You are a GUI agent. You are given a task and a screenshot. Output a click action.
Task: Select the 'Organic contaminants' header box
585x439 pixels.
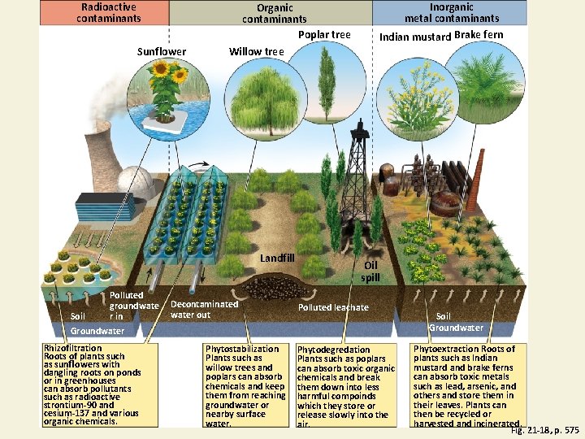click(x=275, y=13)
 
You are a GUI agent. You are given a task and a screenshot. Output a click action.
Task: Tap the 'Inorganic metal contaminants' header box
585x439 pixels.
click(x=452, y=12)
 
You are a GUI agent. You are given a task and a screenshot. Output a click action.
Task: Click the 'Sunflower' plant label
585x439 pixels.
click(x=161, y=52)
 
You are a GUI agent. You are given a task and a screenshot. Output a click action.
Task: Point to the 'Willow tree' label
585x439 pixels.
click(x=257, y=52)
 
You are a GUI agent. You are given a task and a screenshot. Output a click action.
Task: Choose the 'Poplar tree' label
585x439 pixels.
click(x=324, y=35)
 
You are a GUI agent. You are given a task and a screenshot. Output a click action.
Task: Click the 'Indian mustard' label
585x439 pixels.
click(x=415, y=36)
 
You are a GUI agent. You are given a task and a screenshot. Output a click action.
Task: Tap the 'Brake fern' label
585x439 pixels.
click(x=479, y=35)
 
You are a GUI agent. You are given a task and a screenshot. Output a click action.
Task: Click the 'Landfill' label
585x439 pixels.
click(x=277, y=259)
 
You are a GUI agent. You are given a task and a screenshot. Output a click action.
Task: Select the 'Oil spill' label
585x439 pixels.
click(x=370, y=272)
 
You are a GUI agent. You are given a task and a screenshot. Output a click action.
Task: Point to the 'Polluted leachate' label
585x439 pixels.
click(x=333, y=307)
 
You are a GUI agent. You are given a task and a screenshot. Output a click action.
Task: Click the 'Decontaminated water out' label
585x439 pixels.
click(x=204, y=309)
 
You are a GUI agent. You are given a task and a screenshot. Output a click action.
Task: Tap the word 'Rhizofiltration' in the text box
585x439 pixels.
click(x=73, y=348)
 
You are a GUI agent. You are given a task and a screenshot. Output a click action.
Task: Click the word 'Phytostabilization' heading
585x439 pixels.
click(x=242, y=349)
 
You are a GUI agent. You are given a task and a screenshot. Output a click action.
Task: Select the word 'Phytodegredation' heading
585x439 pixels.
click(x=334, y=350)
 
